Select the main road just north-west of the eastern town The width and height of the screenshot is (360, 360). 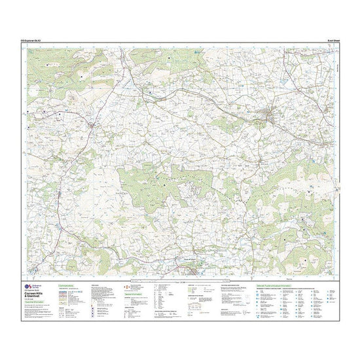(252, 109)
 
